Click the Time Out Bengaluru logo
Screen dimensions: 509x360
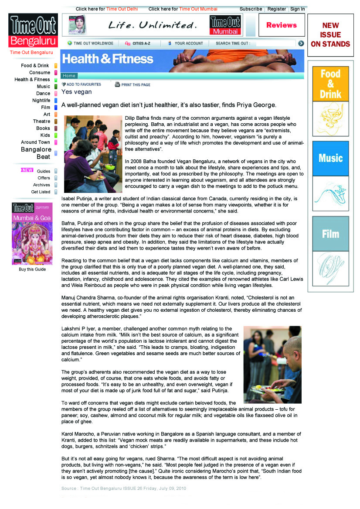click(x=33, y=30)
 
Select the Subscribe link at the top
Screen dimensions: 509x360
click(x=251, y=9)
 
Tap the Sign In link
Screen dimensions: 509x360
click(x=297, y=9)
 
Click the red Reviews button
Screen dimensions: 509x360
click(x=282, y=25)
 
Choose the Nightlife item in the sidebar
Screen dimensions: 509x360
click(x=41, y=101)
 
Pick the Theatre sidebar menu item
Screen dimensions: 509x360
click(x=42, y=121)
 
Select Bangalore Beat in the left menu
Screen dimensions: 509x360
click(x=36, y=153)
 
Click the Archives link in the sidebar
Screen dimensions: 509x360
click(x=42, y=185)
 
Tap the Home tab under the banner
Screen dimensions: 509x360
click(x=69, y=76)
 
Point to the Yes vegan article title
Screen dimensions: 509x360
click(x=77, y=92)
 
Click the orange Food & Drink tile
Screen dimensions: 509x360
click(x=330, y=84)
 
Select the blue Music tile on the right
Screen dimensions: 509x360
click(x=330, y=158)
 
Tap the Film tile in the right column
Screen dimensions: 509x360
click(x=330, y=234)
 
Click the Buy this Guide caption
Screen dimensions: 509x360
click(x=32, y=269)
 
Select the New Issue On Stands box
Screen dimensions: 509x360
click(x=330, y=35)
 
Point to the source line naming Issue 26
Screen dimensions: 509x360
click(x=124, y=489)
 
